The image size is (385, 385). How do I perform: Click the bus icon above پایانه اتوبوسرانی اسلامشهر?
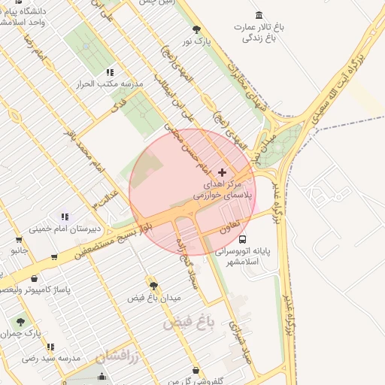(241, 240)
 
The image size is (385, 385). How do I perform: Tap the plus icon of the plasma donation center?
(222, 172)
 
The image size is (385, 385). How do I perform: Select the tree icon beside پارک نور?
(197, 30)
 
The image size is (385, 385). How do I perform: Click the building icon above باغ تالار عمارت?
(259, 16)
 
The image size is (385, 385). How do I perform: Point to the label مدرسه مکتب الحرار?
(110, 83)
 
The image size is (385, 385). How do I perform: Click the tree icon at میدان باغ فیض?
(154, 286)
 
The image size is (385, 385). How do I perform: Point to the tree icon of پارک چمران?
(20, 321)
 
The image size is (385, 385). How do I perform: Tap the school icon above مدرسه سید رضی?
(50, 347)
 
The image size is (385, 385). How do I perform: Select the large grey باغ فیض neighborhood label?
(189, 325)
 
